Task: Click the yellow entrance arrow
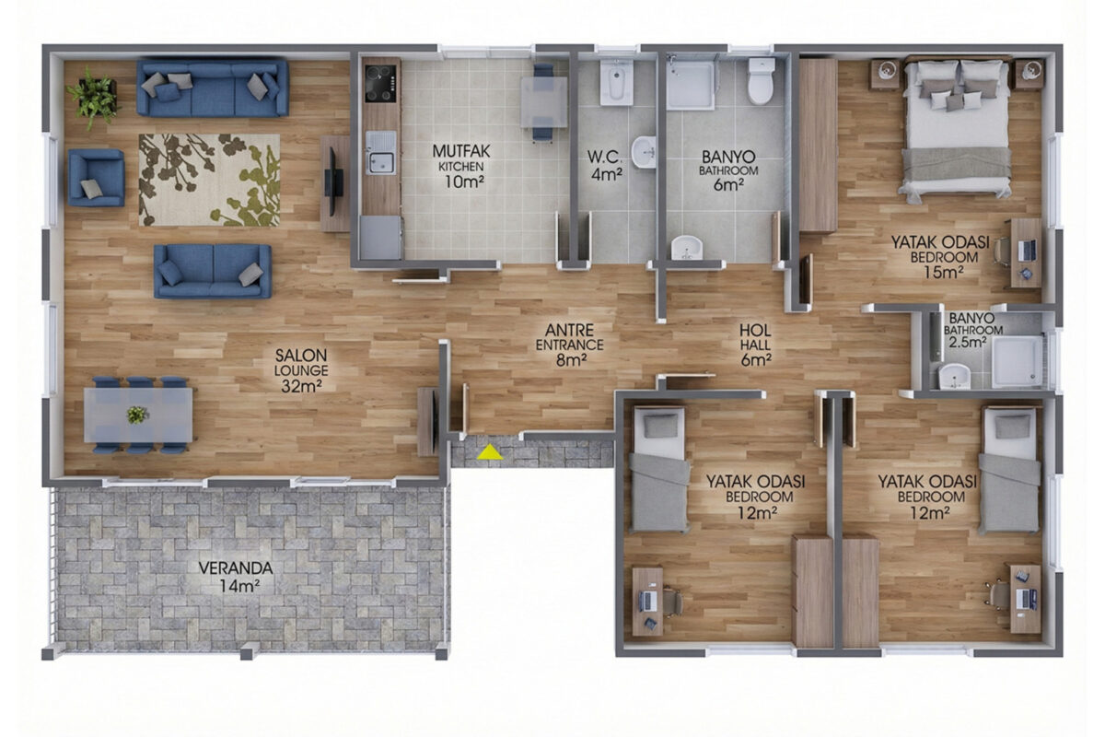pyautogui.click(x=490, y=452)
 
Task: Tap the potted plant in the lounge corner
pyautogui.click(x=94, y=98)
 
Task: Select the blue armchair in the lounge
pyautogui.click(x=96, y=178)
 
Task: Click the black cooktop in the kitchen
pyautogui.click(x=381, y=84)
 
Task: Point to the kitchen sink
pyautogui.click(x=380, y=153)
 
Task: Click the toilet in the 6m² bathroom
pyautogui.click(x=761, y=81)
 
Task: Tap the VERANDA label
pyautogui.click(x=236, y=568)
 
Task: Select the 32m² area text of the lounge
pyautogui.click(x=301, y=387)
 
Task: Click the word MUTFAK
pyautogui.click(x=461, y=150)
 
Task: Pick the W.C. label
pyautogui.click(x=605, y=157)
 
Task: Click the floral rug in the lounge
pyautogui.click(x=209, y=181)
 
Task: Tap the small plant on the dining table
pyautogui.click(x=137, y=415)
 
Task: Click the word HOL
pyautogui.click(x=755, y=330)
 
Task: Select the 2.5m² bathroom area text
pyautogui.click(x=968, y=342)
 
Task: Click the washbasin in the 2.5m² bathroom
pyautogui.click(x=954, y=376)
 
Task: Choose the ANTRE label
pyautogui.click(x=569, y=330)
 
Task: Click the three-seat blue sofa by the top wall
pyautogui.click(x=213, y=88)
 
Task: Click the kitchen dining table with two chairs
pyautogui.click(x=543, y=102)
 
